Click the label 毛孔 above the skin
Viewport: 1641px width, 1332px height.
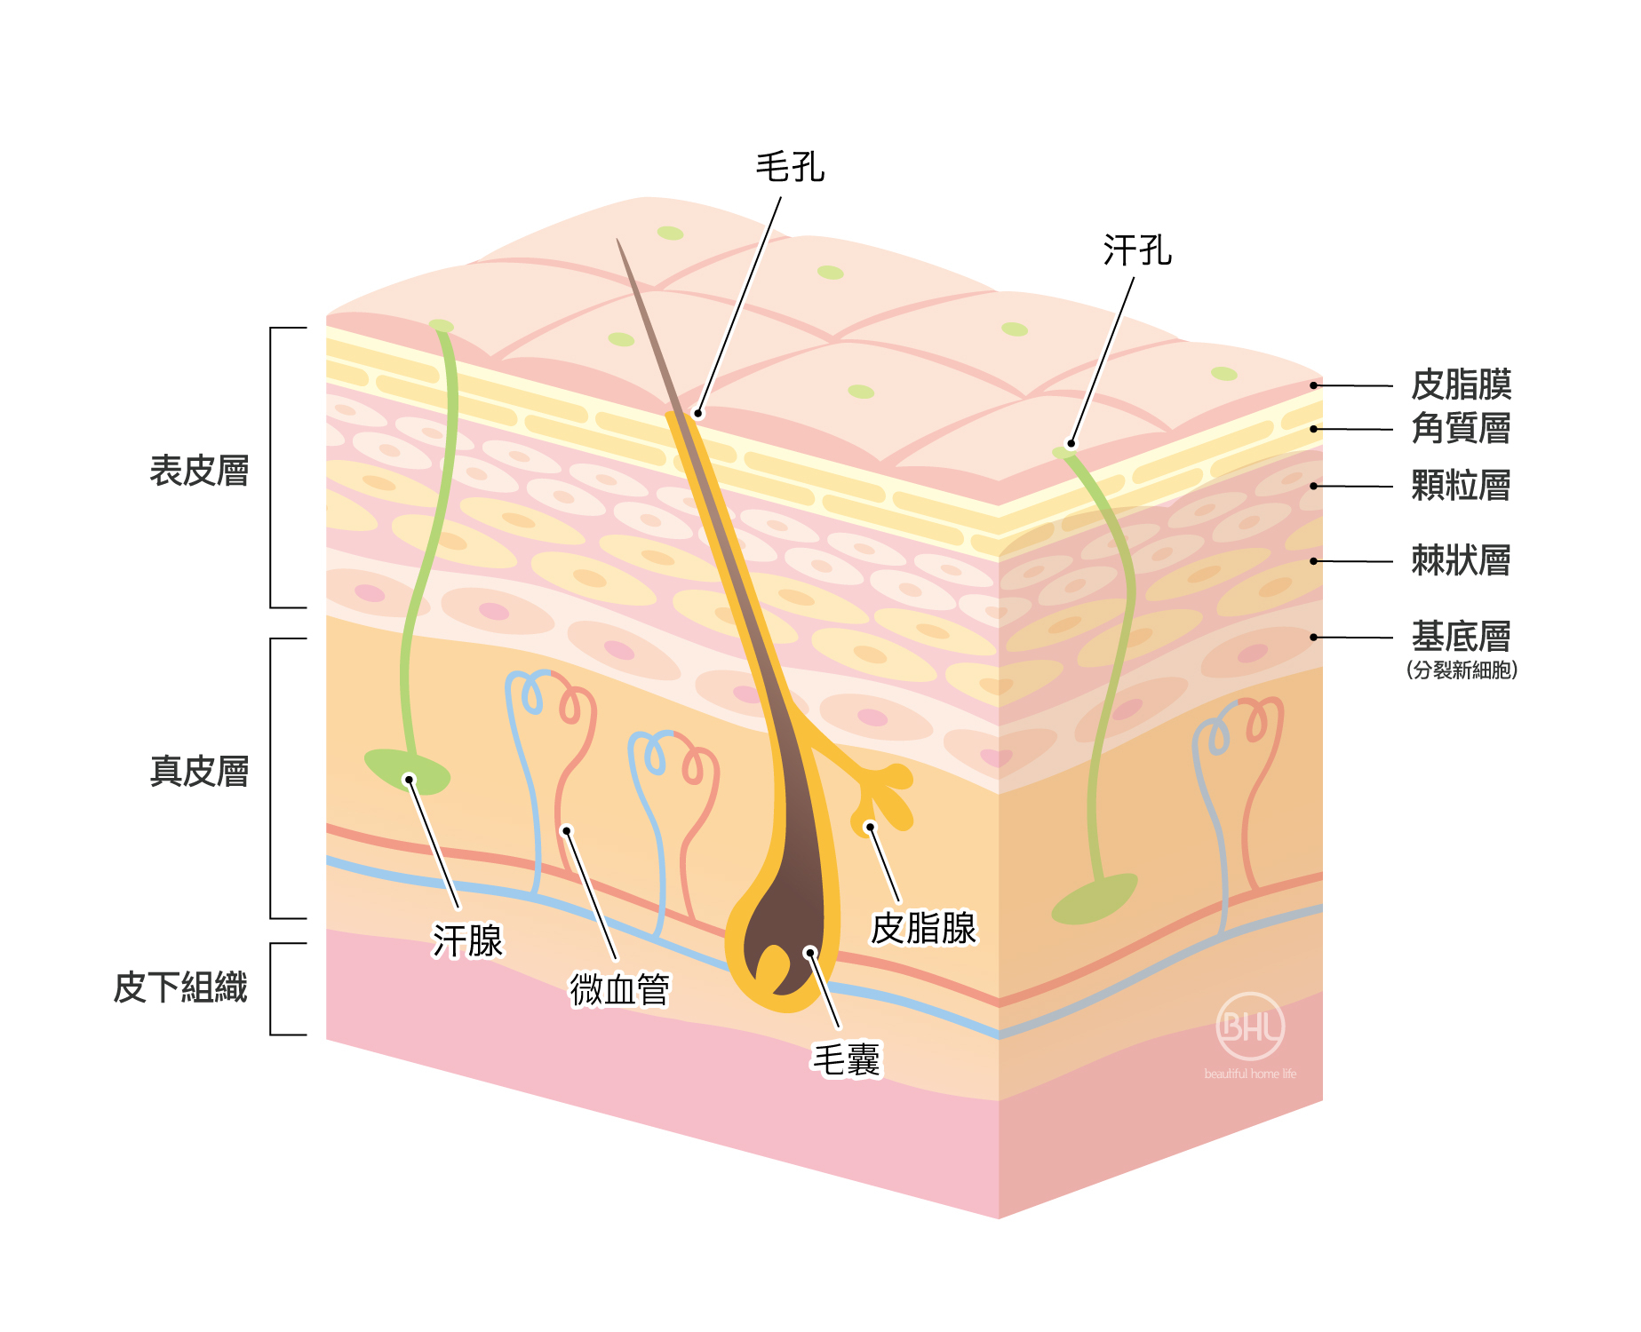790,167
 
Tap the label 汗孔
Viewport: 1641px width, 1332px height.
1137,250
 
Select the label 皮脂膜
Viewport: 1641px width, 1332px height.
1461,385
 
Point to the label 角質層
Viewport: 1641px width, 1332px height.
1461,429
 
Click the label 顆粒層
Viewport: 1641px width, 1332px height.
1461,487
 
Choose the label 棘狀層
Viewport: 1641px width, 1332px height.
1461,561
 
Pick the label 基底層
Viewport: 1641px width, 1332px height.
1461,637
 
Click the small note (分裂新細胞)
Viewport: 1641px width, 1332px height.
1462,670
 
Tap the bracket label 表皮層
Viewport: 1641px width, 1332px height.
199,471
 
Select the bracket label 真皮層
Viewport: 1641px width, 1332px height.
199,771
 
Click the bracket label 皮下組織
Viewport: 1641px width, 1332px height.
180,987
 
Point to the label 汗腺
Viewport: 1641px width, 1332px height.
467,941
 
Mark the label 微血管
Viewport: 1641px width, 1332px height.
619,989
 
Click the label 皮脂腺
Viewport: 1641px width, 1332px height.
923,929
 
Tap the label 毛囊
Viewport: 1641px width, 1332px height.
846,1059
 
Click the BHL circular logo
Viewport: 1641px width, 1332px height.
1250,1027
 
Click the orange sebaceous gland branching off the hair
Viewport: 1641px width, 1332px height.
880,795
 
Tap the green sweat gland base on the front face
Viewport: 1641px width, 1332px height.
407,771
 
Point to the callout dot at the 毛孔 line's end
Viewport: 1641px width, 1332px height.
698,413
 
